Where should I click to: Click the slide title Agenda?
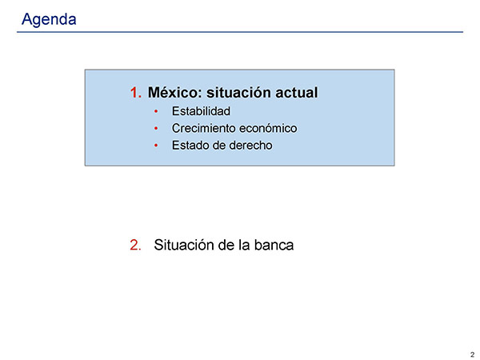[49, 20]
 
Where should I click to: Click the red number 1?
[136, 93]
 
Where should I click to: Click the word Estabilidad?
[201, 111]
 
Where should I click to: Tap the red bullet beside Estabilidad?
[156, 111]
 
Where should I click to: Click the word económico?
[268, 128]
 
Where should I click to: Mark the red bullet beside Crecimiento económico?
[156, 129]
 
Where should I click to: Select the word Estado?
[190, 146]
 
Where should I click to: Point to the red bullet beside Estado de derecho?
[156, 146]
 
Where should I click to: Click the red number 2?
[135, 245]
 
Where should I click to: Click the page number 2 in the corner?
[472, 354]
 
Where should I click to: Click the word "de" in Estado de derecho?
[219, 146]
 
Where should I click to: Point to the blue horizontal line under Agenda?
[240, 32]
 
